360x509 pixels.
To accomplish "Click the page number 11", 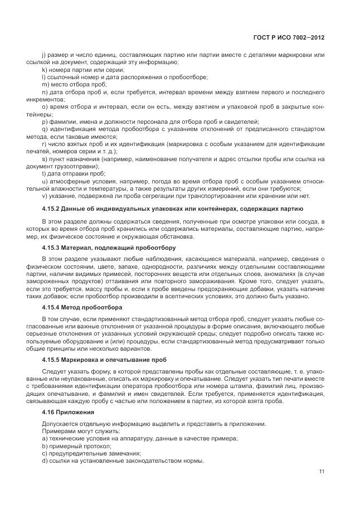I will (322, 472).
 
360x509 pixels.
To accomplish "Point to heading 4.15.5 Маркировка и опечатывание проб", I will (104, 360).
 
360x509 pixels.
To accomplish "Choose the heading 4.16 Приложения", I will (68, 412).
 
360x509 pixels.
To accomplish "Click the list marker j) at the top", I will (43, 54).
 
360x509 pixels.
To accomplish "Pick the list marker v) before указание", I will (43, 196).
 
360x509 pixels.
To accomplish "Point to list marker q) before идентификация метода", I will (44, 129).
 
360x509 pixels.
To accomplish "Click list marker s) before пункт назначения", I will (43, 159).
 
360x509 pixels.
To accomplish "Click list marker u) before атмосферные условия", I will (44, 181).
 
